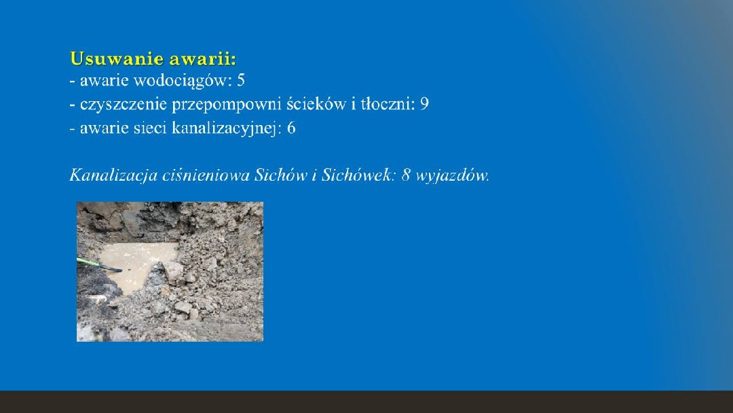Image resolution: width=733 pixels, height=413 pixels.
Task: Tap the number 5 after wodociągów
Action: pyautogui.click(x=241, y=80)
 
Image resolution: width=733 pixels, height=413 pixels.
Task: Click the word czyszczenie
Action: pyautogui.click(x=124, y=105)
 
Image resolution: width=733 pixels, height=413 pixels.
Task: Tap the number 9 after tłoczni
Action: pyautogui.click(x=424, y=104)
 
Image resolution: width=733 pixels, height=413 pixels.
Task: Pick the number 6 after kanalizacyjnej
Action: pyautogui.click(x=291, y=128)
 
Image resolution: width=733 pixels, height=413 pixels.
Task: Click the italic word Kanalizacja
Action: pyautogui.click(x=113, y=176)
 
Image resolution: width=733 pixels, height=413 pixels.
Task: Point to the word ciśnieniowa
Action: pyautogui.click(x=206, y=175)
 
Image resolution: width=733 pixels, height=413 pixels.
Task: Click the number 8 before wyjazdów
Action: pyautogui.click(x=405, y=175)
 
